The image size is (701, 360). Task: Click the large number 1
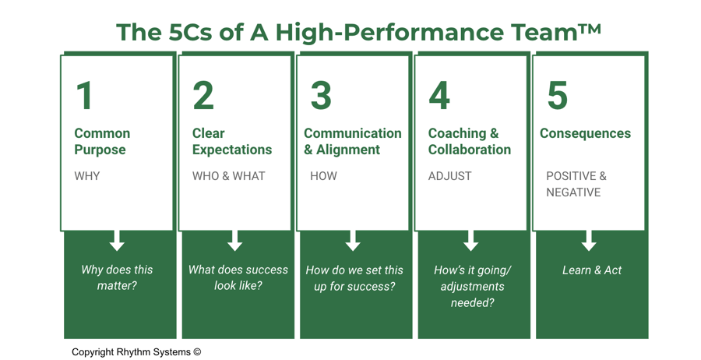click(85, 96)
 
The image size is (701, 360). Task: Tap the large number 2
click(203, 96)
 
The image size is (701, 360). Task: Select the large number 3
click(321, 96)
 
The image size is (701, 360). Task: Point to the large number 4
click(439, 96)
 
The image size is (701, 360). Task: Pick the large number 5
click(557, 96)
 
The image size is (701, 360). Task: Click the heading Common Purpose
click(102, 142)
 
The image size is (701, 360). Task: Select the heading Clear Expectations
click(232, 142)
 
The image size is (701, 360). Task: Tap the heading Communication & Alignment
click(353, 142)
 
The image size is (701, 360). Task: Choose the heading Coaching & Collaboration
click(470, 142)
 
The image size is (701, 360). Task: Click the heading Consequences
click(585, 133)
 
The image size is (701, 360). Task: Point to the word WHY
click(87, 176)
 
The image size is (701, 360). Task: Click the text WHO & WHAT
click(229, 176)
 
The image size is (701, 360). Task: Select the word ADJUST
click(449, 176)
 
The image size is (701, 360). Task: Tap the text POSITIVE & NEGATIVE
click(576, 184)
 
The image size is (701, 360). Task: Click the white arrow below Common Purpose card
click(117, 240)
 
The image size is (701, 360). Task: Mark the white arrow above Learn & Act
click(589, 240)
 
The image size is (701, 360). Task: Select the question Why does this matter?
click(117, 277)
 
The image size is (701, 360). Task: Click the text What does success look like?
click(238, 277)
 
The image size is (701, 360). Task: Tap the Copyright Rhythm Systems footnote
click(136, 351)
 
